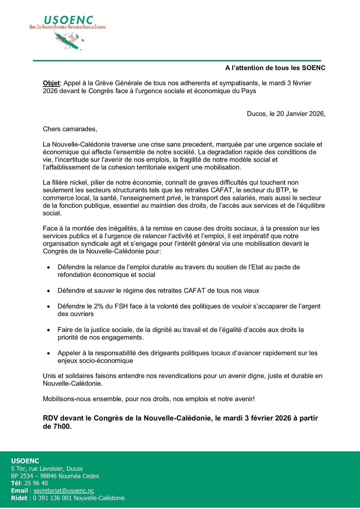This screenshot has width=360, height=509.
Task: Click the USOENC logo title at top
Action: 68,20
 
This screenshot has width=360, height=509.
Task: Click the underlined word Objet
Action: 51,83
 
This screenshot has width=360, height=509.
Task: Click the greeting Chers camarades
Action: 70,129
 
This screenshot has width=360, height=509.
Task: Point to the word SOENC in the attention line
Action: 313,68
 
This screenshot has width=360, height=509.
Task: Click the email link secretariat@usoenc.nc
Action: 64,491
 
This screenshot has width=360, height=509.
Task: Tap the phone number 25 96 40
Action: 36,483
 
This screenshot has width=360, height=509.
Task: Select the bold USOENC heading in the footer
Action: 25,461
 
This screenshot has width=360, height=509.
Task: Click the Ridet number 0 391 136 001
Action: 52,498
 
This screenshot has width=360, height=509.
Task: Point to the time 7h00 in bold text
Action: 62,426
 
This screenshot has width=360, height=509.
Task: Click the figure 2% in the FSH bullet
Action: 99,306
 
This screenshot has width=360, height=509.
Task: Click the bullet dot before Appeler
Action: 49,353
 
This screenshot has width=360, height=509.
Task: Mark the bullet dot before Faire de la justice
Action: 49,330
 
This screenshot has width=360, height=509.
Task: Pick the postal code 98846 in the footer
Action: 49,476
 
